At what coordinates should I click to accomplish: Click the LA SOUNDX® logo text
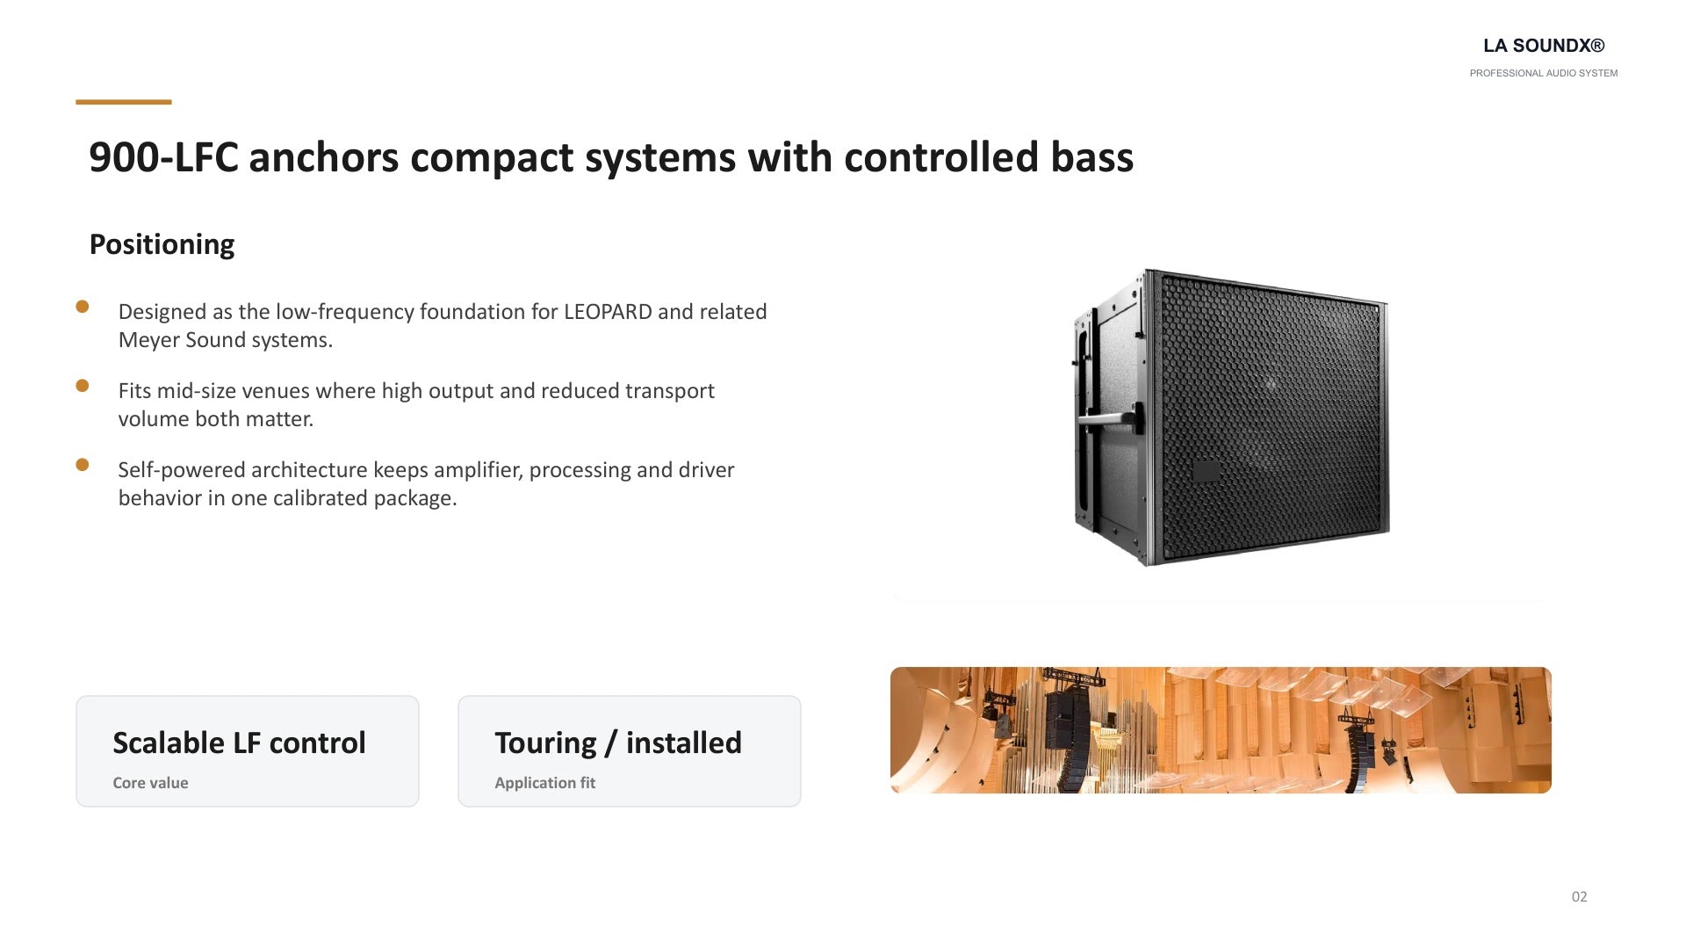1544,46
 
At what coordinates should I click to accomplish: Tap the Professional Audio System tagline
1544,73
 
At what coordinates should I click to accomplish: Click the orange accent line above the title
124,102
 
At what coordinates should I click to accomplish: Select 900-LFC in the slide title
164,157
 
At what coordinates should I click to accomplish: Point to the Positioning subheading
162,244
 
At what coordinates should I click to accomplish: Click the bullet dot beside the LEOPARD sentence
83,307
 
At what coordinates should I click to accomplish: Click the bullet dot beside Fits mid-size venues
83,386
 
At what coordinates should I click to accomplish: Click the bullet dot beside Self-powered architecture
83,465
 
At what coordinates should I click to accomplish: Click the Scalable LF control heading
239,743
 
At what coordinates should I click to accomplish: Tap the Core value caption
150,783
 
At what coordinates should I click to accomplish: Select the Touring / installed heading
618,743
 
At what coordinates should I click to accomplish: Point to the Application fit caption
544,783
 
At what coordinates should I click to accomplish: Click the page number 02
1579,897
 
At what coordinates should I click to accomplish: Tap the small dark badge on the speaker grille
1206,472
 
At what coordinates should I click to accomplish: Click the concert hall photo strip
1221,730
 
